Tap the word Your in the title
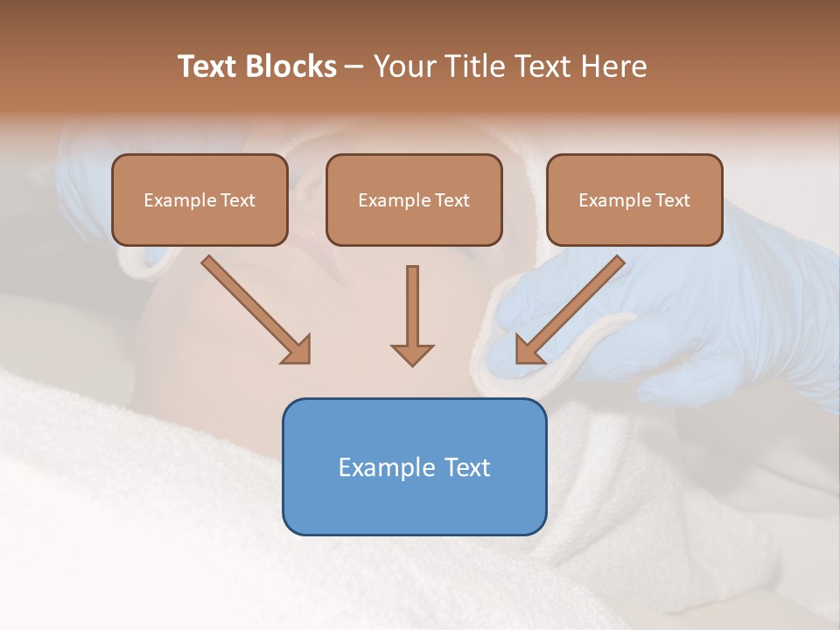(x=406, y=66)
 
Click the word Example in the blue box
(x=382, y=467)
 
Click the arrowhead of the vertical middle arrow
(x=412, y=354)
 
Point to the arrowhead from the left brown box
(x=298, y=350)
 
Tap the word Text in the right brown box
(x=672, y=200)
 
